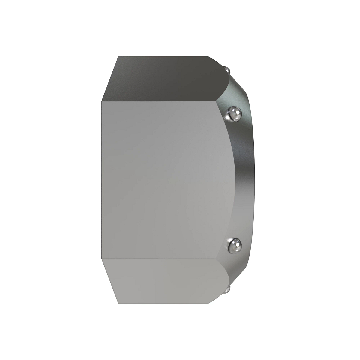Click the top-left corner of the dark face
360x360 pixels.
[118, 56]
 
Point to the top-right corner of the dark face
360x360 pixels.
[208, 56]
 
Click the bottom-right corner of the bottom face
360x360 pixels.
[208, 304]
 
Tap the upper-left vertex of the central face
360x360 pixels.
[102, 101]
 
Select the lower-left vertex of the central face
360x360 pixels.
[102, 259]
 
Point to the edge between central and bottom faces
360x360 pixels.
[162, 259]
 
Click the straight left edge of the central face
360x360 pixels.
[102, 180]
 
